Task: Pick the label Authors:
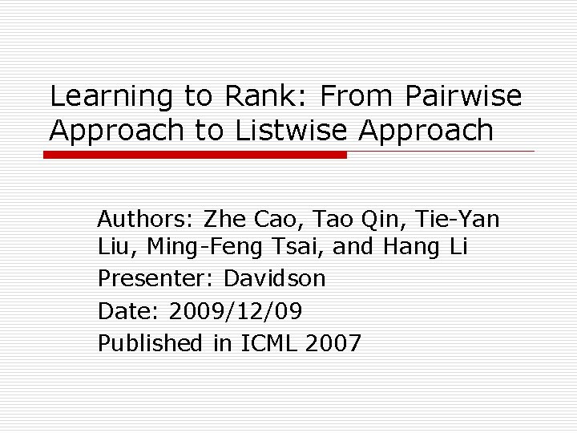click(146, 218)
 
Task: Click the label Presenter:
click(156, 279)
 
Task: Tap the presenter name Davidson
click(275, 279)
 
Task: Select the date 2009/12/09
click(238, 311)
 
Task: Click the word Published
click(151, 343)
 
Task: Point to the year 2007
click(334, 343)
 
